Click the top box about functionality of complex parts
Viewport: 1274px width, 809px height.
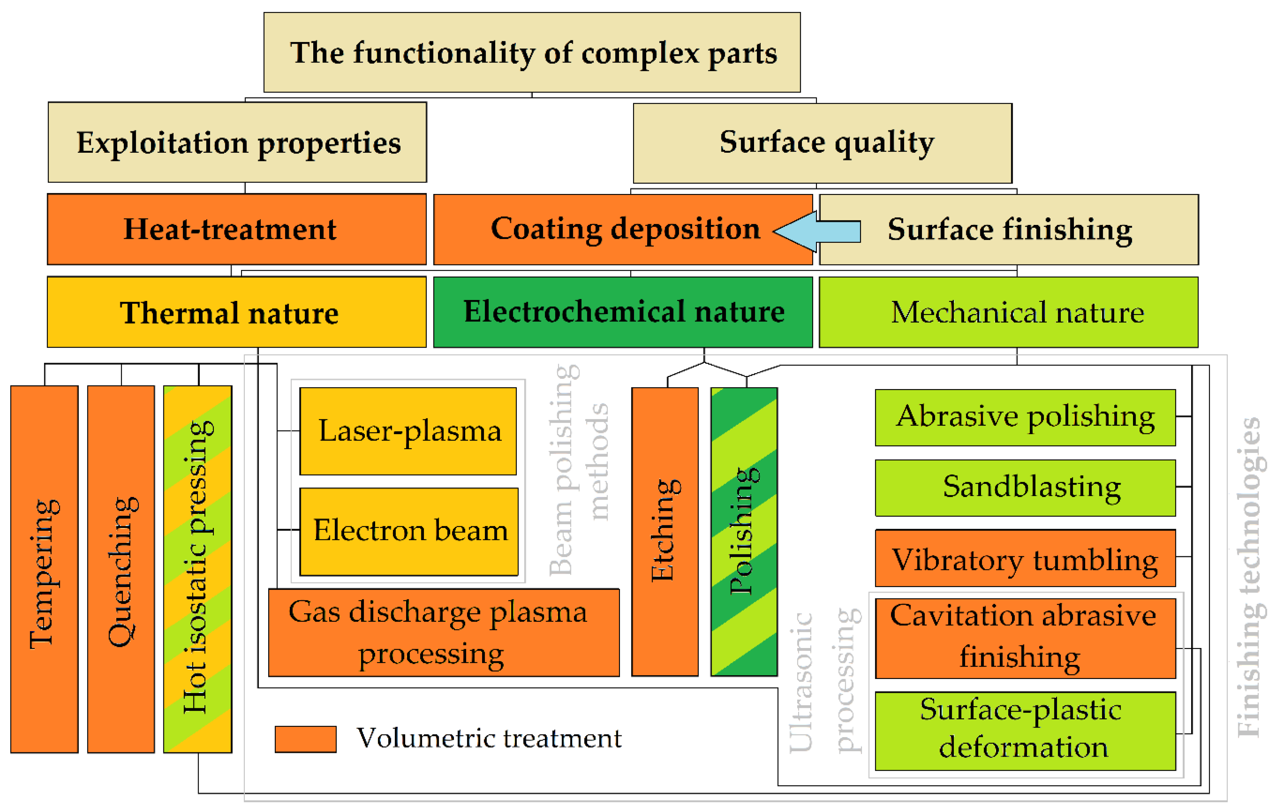click(532, 52)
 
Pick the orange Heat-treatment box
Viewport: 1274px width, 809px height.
click(237, 229)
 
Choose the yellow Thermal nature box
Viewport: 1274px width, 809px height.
click(237, 312)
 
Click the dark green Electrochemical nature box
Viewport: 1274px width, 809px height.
click(623, 312)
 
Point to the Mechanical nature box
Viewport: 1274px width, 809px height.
click(1008, 312)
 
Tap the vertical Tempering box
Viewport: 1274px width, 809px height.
click(44, 569)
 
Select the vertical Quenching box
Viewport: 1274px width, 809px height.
click(121, 569)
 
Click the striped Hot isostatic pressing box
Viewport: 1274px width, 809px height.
click(197, 569)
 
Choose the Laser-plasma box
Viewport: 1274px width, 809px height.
click(408, 431)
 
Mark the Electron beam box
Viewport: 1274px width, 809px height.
click(409, 531)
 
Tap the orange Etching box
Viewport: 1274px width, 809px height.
click(665, 531)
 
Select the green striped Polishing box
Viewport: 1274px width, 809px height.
click(744, 531)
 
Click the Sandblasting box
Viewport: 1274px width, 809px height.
click(1025, 487)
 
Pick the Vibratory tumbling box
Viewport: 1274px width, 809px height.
click(1025, 558)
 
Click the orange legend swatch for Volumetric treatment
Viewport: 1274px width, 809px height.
click(305, 738)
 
